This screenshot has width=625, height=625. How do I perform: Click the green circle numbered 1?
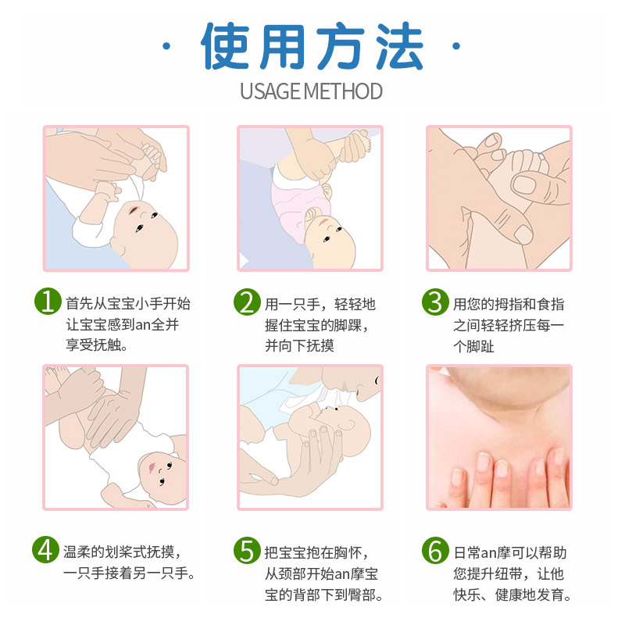click(48, 301)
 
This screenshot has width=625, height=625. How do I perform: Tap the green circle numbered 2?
click(247, 302)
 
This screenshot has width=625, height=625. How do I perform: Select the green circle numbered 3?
click(435, 302)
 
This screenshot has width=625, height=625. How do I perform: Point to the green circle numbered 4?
click(46, 550)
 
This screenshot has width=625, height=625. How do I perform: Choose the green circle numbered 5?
click(247, 551)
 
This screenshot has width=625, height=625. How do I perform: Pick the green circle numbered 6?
click(435, 551)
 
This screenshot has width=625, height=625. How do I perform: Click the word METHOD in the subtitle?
click(343, 91)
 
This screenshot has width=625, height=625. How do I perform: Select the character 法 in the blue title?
click(399, 46)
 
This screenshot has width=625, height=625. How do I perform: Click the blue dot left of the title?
click(166, 46)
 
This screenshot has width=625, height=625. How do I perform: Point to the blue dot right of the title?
click(456, 46)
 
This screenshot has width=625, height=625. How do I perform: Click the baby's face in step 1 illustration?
click(145, 233)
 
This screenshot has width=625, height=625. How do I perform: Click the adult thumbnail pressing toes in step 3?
click(524, 185)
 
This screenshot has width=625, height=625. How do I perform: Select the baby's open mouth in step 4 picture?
click(152, 467)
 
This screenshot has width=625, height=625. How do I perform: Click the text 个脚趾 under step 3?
click(474, 346)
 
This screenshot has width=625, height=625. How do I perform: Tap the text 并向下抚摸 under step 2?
click(300, 345)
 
